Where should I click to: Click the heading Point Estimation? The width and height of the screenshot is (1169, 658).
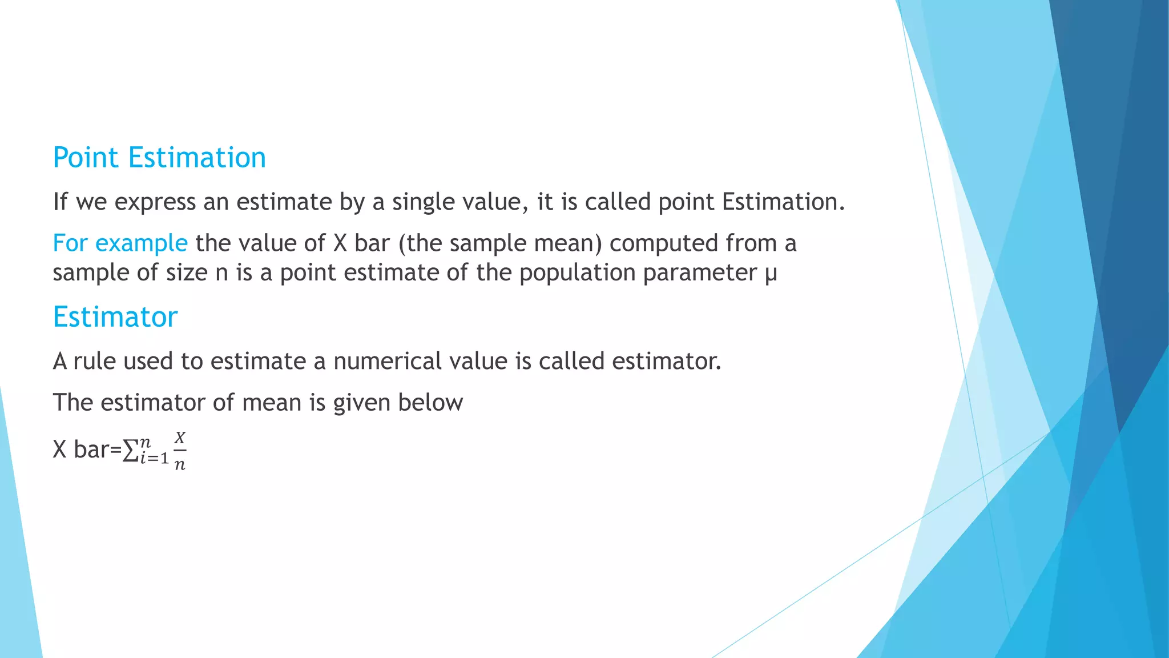coord(159,158)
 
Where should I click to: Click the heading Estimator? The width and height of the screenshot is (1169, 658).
coord(115,317)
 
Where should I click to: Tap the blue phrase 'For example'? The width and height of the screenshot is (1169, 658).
coord(120,243)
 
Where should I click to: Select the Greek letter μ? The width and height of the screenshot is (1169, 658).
coord(771,273)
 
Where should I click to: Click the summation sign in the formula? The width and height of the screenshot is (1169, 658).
coord(131,451)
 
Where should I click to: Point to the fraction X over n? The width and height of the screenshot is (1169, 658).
coord(180,451)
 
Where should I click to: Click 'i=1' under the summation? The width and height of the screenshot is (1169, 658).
coord(154,459)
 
